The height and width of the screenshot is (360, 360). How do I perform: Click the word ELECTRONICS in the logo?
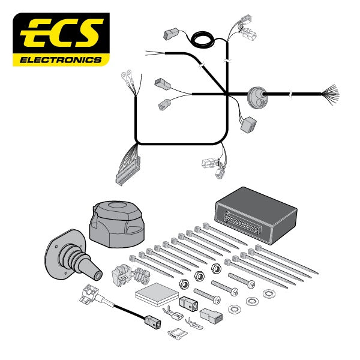coord(61,59)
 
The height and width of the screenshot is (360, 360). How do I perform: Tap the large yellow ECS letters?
coord(61,34)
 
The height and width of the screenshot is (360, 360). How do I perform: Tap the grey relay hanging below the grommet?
coord(248,125)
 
